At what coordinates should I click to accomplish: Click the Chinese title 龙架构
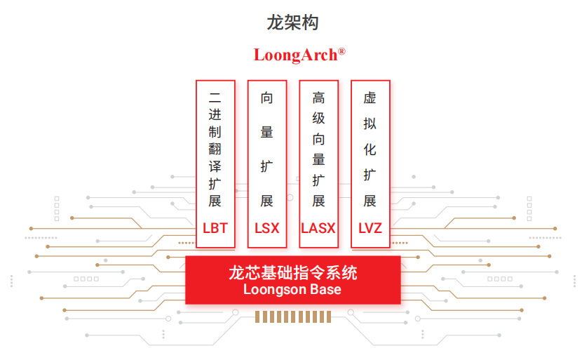pyautogui.click(x=292, y=22)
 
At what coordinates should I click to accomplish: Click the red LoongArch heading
pyautogui.click(x=295, y=55)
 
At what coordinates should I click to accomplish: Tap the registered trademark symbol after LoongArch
pyautogui.click(x=341, y=51)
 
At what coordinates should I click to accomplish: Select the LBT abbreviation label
pyautogui.click(x=215, y=228)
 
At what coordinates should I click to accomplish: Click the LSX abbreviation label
pyautogui.click(x=266, y=228)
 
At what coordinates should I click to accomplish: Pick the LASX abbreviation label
pyautogui.click(x=318, y=228)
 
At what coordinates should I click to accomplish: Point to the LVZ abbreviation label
pyautogui.click(x=370, y=228)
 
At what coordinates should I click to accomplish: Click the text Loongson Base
pyautogui.click(x=292, y=289)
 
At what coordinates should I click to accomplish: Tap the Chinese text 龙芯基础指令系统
pyautogui.click(x=292, y=272)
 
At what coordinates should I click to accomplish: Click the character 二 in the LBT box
pyautogui.click(x=215, y=98)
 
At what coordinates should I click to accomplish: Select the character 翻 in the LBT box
pyautogui.click(x=215, y=149)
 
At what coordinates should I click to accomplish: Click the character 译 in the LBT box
pyautogui.click(x=215, y=167)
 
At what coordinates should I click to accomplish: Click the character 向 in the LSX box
pyautogui.click(x=266, y=98)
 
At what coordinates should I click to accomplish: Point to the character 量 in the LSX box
pyautogui.click(x=266, y=133)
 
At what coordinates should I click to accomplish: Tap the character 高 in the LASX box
pyautogui.click(x=318, y=98)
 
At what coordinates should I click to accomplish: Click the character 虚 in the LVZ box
pyautogui.click(x=370, y=98)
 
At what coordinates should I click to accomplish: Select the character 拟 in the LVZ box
pyautogui.click(x=370, y=124)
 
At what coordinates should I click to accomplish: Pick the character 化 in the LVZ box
pyautogui.click(x=370, y=150)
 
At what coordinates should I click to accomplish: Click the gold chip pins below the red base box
pyautogui.click(x=292, y=318)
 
